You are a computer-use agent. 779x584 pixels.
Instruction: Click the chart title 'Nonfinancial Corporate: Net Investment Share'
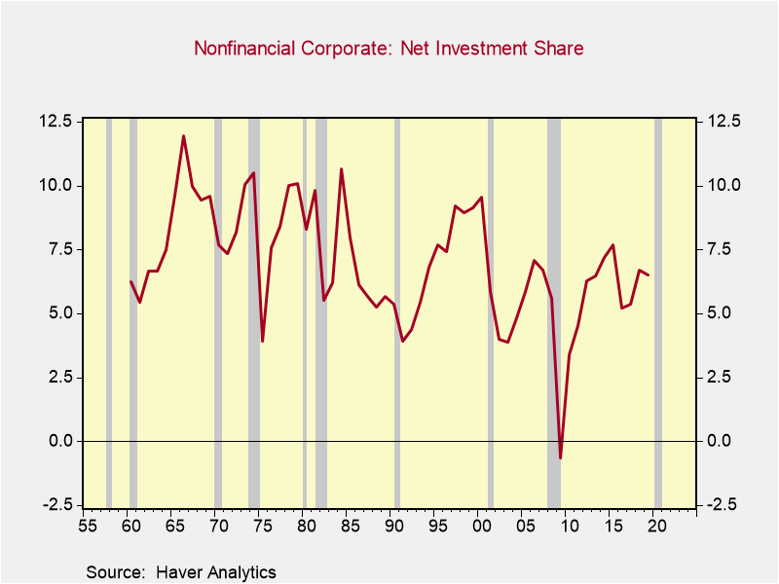(389, 48)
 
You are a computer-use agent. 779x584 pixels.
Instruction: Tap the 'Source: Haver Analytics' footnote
(180, 572)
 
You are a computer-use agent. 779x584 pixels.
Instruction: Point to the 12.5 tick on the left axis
(56, 122)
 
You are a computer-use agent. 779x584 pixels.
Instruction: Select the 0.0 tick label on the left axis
(60, 441)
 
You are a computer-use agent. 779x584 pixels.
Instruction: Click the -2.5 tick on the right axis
(721, 504)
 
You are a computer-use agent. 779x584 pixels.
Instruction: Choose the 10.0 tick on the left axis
(56, 185)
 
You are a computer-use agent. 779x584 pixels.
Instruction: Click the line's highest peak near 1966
(183, 136)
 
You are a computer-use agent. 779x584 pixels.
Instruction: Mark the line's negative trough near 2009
(561, 457)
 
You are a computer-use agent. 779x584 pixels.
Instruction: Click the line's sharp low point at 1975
(262, 341)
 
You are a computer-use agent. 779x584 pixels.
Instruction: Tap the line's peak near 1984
(341, 169)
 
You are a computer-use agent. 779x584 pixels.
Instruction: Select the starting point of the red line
(130, 281)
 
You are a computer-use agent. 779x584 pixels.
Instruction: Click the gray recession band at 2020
(658, 311)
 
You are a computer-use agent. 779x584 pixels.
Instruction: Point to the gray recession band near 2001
(491, 311)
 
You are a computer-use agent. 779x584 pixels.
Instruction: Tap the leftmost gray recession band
(109, 311)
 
